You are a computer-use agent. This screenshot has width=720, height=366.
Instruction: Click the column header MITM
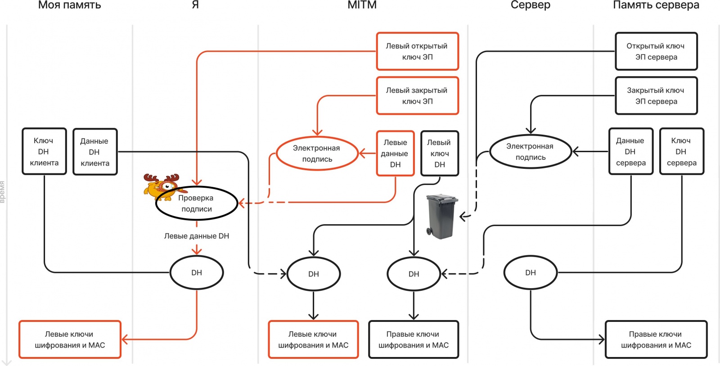point(362,5)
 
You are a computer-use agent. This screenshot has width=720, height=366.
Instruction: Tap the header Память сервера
point(656,5)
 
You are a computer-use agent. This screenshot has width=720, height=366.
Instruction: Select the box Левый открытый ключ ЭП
point(417,51)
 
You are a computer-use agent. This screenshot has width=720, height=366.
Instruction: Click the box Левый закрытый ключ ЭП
point(417,96)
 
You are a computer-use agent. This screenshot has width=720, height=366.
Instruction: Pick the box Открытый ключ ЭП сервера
point(656,51)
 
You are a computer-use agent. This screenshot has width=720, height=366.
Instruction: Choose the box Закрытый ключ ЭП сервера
point(656,96)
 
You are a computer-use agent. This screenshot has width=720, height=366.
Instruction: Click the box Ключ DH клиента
point(44,152)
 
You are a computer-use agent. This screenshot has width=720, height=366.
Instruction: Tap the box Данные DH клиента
point(95,152)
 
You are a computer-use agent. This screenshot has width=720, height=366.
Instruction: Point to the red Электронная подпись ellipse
point(317,154)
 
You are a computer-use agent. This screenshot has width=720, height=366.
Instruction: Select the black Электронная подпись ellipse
point(531,152)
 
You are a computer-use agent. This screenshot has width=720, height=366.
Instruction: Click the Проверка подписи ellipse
point(197,203)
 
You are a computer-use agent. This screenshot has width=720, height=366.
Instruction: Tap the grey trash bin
point(441,216)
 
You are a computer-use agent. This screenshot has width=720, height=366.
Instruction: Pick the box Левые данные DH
point(395,154)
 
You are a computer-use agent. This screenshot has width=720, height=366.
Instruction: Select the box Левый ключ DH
point(439,154)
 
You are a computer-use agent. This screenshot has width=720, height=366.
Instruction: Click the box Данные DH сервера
point(630,152)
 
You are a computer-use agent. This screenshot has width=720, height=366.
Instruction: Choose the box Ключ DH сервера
point(681,152)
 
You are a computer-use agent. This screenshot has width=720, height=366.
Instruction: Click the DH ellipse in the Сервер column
point(531,273)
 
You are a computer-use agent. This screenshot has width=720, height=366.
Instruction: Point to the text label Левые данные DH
point(197,236)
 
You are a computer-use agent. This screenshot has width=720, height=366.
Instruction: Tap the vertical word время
point(3,192)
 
